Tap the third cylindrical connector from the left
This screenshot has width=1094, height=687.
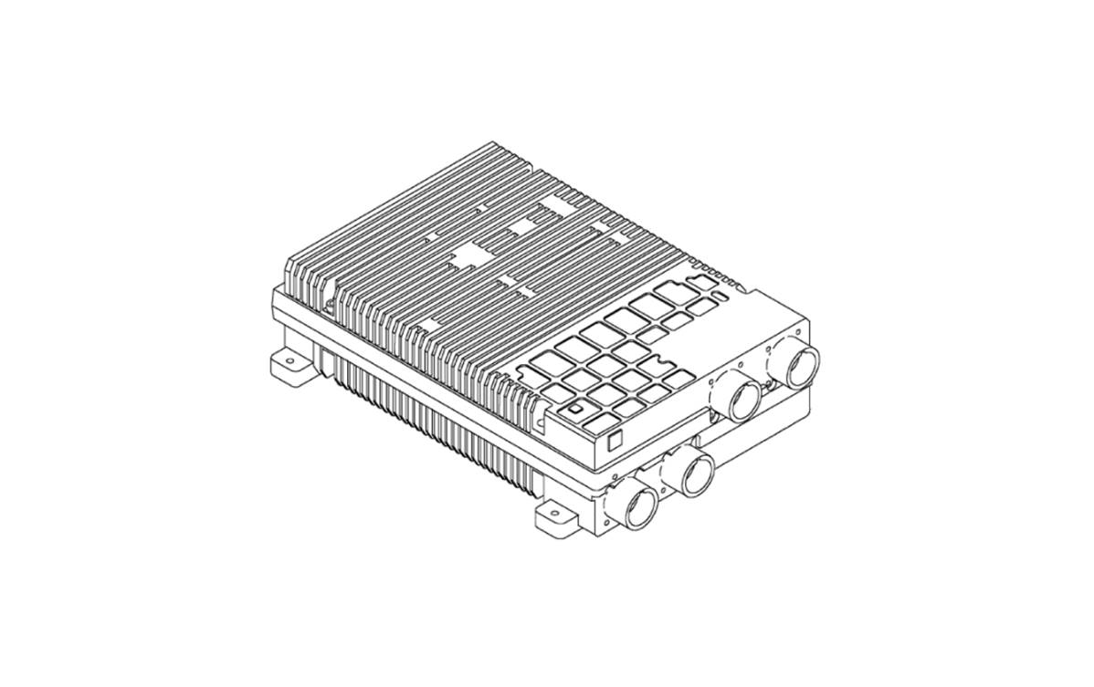coord(743,400)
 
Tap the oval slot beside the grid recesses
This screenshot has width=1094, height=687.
coord(721,296)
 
